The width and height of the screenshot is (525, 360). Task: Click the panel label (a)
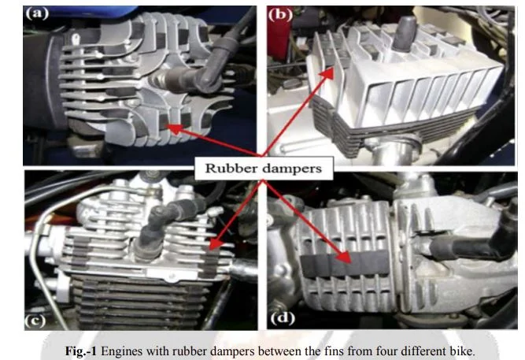tap(37, 13)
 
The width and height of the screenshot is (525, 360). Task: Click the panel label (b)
tap(280, 15)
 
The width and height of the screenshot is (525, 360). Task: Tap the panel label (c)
tap(35, 321)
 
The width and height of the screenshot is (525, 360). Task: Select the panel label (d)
tap(283, 318)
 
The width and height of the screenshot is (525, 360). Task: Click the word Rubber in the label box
tap(231, 169)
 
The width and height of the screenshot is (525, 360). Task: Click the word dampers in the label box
tap(292, 169)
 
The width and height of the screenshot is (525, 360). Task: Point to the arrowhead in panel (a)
tap(174, 128)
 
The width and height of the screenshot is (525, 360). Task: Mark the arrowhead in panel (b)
tap(328, 73)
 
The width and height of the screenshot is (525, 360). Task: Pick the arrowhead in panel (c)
tap(216, 243)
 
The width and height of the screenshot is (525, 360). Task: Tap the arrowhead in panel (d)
tap(344, 257)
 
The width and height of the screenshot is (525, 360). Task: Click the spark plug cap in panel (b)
tap(405, 34)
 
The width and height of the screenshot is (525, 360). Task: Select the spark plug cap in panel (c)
tap(157, 232)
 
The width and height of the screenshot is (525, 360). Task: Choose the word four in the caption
tap(359, 351)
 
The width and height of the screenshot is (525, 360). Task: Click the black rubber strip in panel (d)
tap(346, 264)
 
